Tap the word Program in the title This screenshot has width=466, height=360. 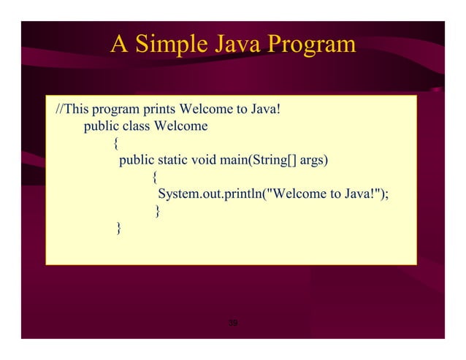coord(311,45)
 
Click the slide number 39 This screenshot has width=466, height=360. coord(233,323)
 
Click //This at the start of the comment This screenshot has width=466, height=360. coord(70,110)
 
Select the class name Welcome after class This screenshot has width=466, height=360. coord(178,126)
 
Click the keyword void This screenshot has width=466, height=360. coord(207,160)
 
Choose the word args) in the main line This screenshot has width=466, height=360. coord(313,160)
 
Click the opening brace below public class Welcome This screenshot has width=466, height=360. coord(117,143)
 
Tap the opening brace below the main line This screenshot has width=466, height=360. coord(155,177)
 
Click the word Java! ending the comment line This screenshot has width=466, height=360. coord(266,110)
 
